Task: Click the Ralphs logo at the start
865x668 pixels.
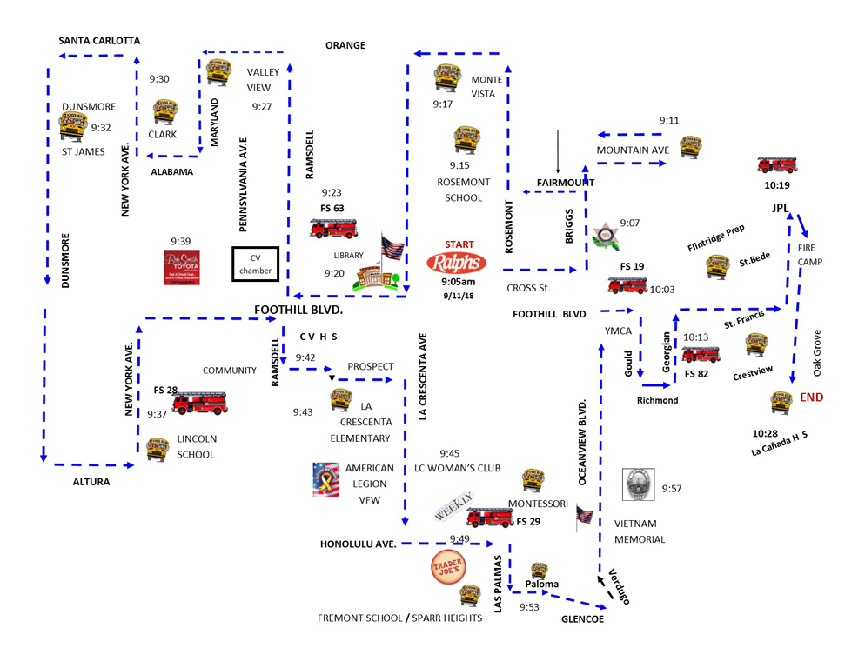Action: pyautogui.click(x=457, y=263)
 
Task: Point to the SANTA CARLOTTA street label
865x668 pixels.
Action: pyautogui.click(x=99, y=41)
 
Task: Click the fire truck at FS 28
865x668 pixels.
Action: pyautogui.click(x=199, y=402)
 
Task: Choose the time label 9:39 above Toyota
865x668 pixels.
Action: pyautogui.click(x=181, y=240)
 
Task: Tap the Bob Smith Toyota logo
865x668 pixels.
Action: pyautogui.click(x=183, y=268)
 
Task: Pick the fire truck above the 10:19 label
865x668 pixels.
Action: pyautogui.click(x=776, y=164)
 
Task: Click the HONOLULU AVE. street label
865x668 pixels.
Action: pyautogui.click(x=359, y=544)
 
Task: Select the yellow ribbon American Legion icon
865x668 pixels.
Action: pyautogui.click(x=326, y=479)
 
